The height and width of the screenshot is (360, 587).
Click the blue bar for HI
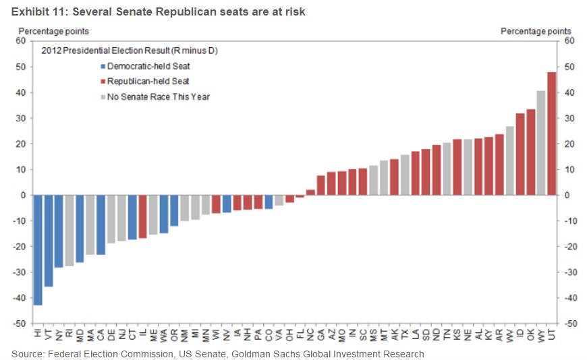click(38, 250)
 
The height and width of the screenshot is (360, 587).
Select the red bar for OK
click(530, 152)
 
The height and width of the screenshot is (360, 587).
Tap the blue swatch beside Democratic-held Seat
click(103, 66)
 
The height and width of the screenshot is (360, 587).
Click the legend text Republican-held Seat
click(148, 82)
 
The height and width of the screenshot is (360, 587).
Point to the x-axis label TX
click(405, 334)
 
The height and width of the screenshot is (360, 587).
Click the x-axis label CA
click(101, 334)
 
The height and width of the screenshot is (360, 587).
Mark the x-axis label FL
click(300, 334)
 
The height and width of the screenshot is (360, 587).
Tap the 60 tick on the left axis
click(20, 41)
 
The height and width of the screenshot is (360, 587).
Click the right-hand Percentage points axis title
click(536, 31)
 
